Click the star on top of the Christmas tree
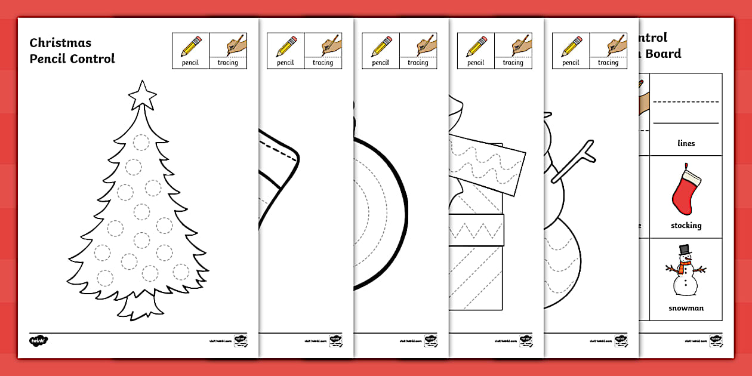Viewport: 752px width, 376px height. [142, 94]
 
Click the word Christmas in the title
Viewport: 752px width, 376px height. [60, 43]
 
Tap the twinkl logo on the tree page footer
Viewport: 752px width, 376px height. [38, 341]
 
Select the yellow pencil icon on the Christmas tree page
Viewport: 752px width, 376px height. [190, 46]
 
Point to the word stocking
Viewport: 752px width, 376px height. [685, 226]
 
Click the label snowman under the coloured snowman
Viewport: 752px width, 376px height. [686, 308]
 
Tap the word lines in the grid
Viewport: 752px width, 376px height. [686, 143]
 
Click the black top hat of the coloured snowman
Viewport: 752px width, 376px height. [685, 249]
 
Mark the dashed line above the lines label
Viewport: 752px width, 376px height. [686, 102]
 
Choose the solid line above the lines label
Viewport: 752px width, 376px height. [686, 123]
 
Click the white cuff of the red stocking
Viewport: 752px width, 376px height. [692, 175]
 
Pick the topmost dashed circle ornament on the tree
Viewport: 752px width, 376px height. [141, 143]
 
